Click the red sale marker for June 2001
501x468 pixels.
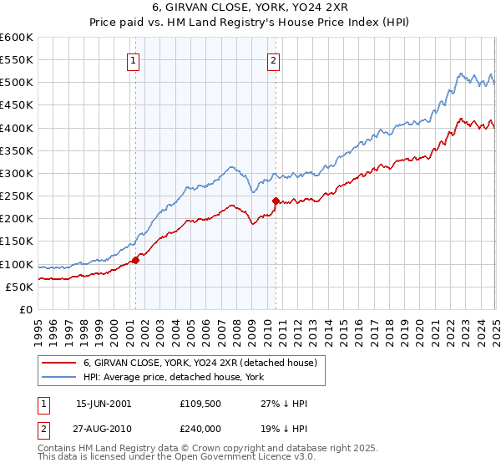pos(135,259)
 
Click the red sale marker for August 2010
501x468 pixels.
pos(276,201)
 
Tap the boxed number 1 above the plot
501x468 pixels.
pos(134,59)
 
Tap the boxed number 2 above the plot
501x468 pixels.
pos(274,59)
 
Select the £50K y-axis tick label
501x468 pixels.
pos(18,287)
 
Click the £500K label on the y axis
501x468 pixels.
pos(17,82)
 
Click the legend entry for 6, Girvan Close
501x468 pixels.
pos(200,364)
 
